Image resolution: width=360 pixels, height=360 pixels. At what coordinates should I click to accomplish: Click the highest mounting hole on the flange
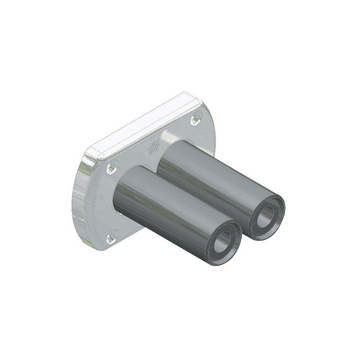point(195,119)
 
